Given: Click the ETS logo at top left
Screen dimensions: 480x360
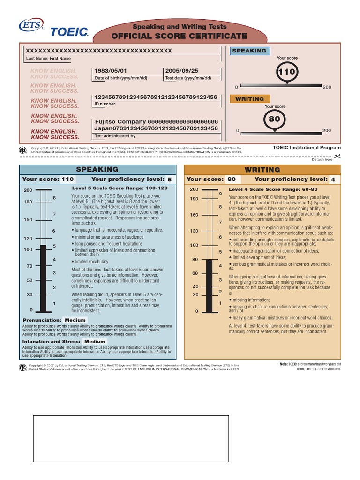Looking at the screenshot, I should (x=30, y=25).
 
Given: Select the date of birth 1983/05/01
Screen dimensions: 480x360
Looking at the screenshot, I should (x=111, y=71).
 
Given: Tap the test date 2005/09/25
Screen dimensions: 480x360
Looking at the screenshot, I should (x=181, y=71).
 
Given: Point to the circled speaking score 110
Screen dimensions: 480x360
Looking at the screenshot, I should (x=286, y=72).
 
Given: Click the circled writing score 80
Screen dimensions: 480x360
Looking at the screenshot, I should (x=274, y=119).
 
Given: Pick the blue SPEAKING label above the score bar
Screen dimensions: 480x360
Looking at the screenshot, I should (x=249, y=51).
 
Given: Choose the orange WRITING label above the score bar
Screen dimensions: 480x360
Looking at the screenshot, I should (x=249, y=99).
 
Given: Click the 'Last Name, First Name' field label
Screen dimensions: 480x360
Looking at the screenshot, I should (x=49, y=59).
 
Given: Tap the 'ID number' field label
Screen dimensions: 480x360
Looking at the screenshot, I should (x=105, y=104).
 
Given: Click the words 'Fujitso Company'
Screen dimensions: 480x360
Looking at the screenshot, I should (x=120, y=121).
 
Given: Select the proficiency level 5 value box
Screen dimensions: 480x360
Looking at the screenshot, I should (x=170, y=179).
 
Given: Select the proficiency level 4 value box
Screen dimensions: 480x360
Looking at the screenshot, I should (x=333, y=179).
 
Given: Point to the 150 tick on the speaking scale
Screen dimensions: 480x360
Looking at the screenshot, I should (x=28, y=220).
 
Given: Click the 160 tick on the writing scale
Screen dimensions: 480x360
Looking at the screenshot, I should (x=194, y=215).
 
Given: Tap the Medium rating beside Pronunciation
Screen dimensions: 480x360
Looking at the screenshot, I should (x=75, y=320).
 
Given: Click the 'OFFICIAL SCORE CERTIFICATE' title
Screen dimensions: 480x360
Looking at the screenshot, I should (x=180, y=36).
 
